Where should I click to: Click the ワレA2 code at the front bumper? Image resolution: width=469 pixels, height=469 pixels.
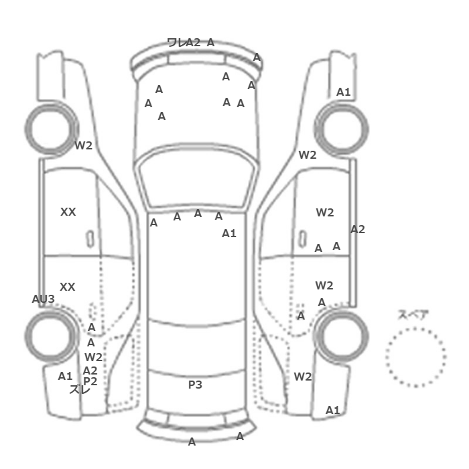(x=184, y=42)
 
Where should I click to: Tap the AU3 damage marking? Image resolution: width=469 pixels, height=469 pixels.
(x=44, y=299)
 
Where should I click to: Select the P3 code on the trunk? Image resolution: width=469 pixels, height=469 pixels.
(x=195, y=385)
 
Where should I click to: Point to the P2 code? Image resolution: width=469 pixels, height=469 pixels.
(x=90, y=381)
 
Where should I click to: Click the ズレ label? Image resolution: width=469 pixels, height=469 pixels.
(x=80, y=389)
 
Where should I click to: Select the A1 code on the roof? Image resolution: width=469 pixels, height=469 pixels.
(x=229, y=233)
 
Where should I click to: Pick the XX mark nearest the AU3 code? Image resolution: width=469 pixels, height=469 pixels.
(x=68, y=287)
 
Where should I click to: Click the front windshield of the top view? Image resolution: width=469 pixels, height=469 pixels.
(x=196, y=176)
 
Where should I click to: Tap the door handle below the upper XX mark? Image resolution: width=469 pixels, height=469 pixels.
(x=90, y=239)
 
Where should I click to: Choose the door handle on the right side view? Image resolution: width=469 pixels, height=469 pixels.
(x=303, y=239)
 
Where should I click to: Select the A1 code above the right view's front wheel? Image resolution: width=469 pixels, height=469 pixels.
(x=343, y=92)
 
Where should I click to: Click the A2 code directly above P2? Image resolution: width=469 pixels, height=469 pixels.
(x=90, y=371)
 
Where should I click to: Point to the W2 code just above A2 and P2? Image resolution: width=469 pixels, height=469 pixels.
(x=93, y=357)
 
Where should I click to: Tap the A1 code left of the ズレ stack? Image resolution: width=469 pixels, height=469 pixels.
(x=65, y=376)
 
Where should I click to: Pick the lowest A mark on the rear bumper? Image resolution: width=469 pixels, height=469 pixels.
(x=192, y=442)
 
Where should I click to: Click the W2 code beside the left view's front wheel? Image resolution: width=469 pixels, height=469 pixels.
(x=84, y=145)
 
